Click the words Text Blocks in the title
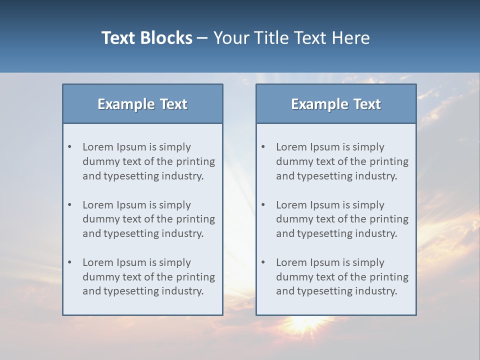tap(146, 38)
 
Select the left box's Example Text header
tap(142, 104)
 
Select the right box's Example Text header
tap(336, 104)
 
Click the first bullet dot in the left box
tap(70, 147)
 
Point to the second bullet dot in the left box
tap(70, 205)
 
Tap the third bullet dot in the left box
tap(70, 262)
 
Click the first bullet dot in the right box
tap(263, 147)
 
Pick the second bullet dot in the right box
tap(263, 205)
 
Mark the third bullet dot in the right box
tap(263, 262)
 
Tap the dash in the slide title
tap(203, 38)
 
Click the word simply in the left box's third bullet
tap(175, 262)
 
